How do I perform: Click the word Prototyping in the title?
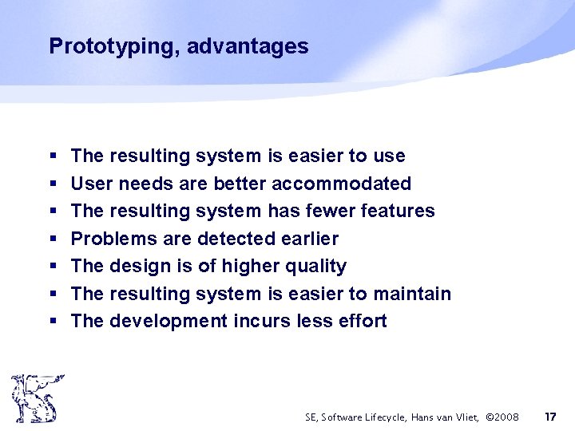(x=114, y=46)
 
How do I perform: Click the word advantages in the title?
(x=248, y=46)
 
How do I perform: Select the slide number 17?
(x=549, y=417)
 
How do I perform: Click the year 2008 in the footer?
(x=506, y=417)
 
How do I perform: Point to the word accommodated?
(x=341, y=184)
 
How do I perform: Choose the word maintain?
(x=412, y=294)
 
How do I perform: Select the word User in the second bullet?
(x=91, y=184)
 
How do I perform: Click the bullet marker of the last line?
(x=52, y=322)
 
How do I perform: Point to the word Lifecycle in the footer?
(x=385, y=417)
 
